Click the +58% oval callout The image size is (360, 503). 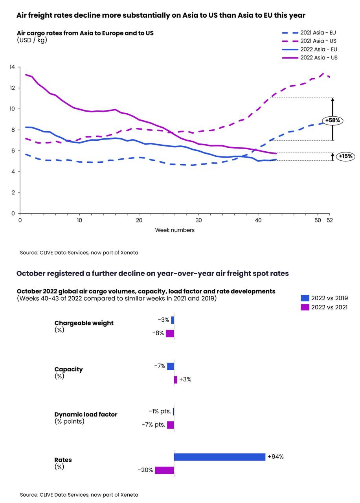333,121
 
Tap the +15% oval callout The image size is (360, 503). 346,156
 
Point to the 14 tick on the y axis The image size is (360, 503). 12,67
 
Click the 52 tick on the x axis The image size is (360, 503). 330,220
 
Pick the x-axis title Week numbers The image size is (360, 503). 174,230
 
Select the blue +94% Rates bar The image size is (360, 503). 220,457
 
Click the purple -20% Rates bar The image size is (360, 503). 164,470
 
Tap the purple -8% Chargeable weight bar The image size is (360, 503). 170,333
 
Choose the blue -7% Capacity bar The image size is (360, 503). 171,366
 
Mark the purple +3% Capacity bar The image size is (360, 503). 176,379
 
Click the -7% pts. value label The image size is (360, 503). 153,425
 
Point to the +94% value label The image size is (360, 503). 276,457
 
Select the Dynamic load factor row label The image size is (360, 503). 86,415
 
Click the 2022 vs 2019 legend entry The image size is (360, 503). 324,298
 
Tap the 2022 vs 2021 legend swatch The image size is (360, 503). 305,307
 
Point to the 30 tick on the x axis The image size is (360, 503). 199,220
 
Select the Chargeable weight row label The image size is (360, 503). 84,323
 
